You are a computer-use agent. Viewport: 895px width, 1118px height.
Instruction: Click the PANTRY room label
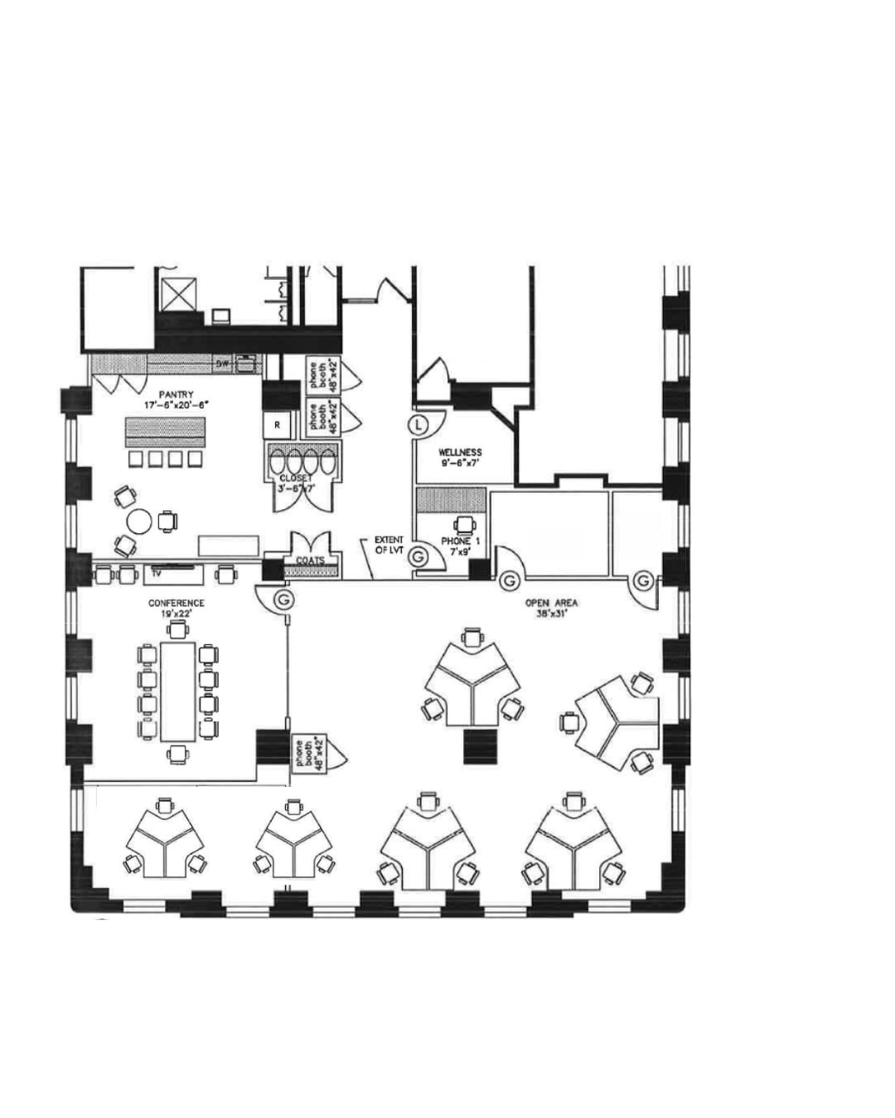point(176,394)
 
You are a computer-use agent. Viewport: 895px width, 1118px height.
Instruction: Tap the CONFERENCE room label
point(177,603)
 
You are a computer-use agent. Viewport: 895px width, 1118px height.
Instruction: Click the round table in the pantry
point(139,521)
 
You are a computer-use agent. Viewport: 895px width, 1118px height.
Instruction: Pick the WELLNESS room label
point(460,452)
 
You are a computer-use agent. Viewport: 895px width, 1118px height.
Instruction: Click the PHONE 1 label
point(460,542)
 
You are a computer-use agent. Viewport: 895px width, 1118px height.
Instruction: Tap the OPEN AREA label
point(551,603)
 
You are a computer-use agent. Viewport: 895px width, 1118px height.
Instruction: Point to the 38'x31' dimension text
point(551,614)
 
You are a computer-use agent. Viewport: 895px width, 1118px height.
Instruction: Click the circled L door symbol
point(420,425)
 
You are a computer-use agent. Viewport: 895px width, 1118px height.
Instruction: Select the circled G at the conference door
point(285,598)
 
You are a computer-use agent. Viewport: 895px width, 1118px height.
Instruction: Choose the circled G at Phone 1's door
point(420,557)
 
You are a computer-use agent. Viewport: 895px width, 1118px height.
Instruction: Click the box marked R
point(278,425)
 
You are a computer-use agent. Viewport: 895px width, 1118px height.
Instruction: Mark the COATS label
point(310,561)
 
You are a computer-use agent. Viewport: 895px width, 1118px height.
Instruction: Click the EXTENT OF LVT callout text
point(389,545)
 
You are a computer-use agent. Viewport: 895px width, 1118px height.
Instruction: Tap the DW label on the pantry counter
point(222,364)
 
